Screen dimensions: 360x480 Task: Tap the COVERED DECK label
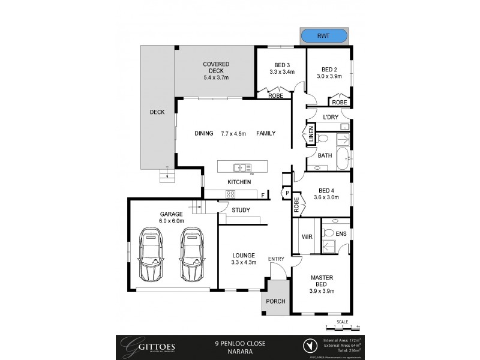click(x=216, y=64)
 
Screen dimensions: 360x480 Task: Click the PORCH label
click(x=275, y=301)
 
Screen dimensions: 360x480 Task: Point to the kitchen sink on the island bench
click(x=242, y=168)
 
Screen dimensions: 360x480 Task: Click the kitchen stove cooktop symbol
click(x=230, y=193)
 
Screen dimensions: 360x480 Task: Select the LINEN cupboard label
click(x=311, y=136)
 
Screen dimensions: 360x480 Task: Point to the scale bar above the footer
click(x=342, y=328)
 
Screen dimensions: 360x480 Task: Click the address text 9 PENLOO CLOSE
click(x=240, y=343)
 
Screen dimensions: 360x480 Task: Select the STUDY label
click(x=241, y=210)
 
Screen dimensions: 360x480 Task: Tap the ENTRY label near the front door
click(x=276, y=259)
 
